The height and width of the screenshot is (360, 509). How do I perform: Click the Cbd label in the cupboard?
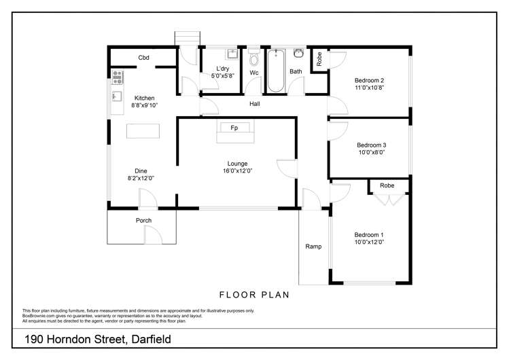[143, 58]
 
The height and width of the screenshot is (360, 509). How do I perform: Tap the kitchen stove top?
[117, 76]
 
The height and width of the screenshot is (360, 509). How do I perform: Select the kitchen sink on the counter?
[116, 96]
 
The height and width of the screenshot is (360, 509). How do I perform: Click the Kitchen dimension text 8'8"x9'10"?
[144, 105]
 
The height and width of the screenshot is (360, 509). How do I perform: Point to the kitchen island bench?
[144, 130]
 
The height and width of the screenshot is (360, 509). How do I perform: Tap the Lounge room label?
[237, 163]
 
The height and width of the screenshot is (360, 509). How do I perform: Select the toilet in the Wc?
[253, 57]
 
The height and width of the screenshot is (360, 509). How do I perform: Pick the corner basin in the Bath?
[298, 54]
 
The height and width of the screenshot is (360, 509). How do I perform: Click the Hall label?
[254, 104]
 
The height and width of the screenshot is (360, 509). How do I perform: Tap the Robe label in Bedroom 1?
[387, 185]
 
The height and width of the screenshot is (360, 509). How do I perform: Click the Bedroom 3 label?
[371, 145]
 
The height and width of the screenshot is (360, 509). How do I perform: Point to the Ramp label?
[313, 246]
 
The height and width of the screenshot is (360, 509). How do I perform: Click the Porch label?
[143, 220]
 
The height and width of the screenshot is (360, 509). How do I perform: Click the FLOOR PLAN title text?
[254, 295]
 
